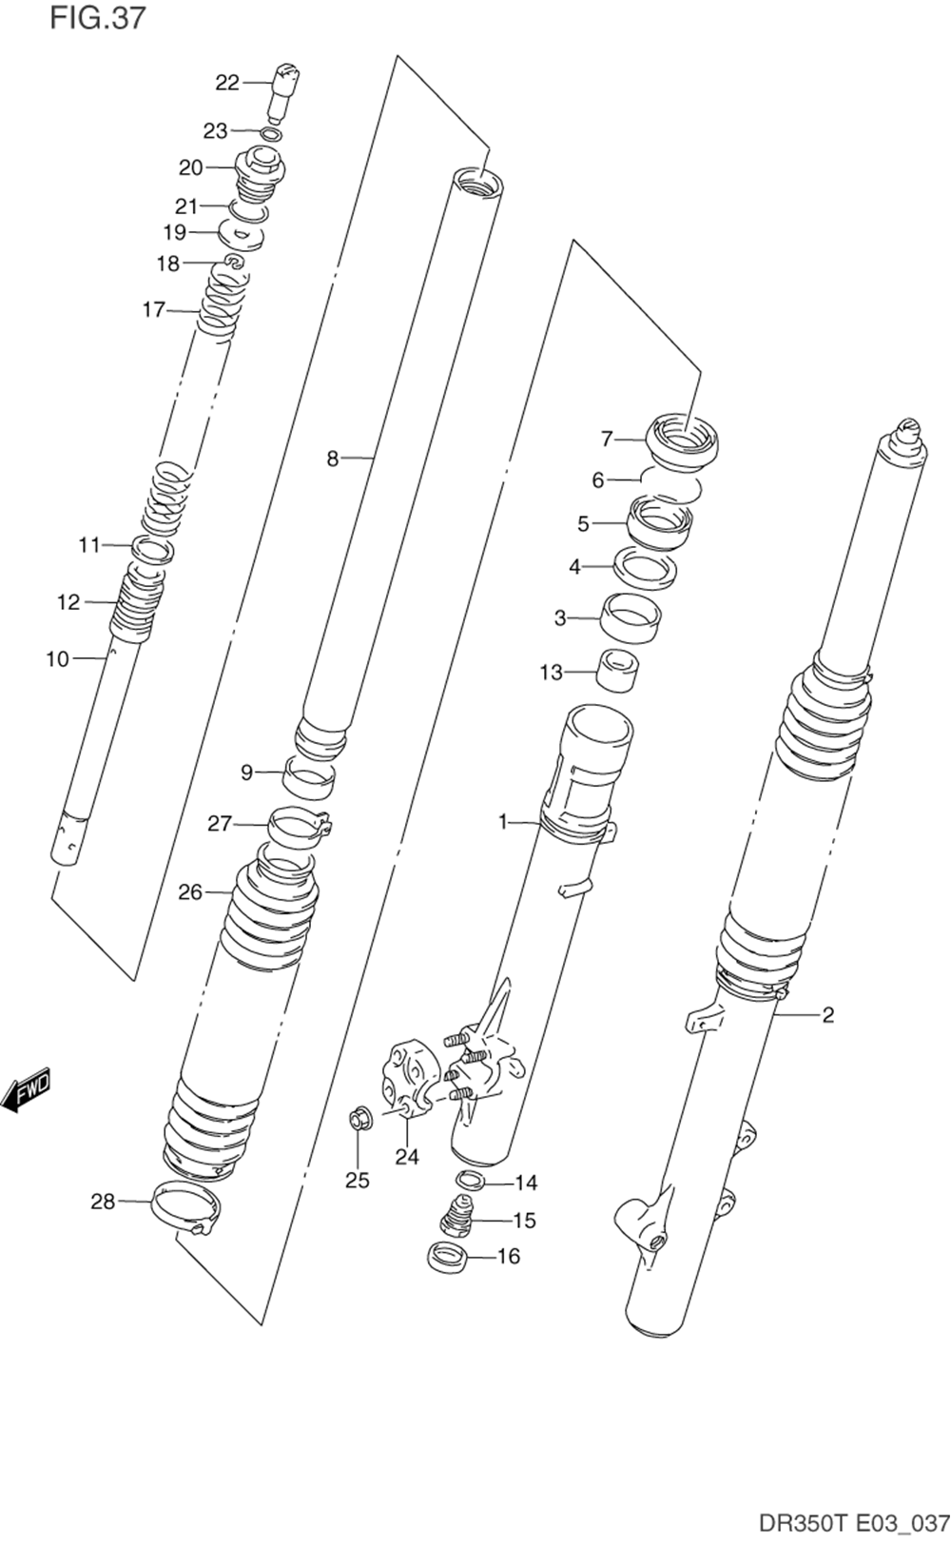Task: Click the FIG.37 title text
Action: [98, 17]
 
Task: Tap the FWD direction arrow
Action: [26, 1090]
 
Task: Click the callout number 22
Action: [227, 83]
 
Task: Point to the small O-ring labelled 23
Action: [270, 133]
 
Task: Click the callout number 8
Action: [332, 459]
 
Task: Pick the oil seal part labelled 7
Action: [683, 440]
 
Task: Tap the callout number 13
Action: [552, 673]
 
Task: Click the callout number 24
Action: [407, 1157]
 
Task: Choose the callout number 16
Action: [509, 1257]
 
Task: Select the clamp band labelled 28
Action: [187, 1206]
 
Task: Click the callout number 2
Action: [827, 1015]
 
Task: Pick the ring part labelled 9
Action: [311, 778]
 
